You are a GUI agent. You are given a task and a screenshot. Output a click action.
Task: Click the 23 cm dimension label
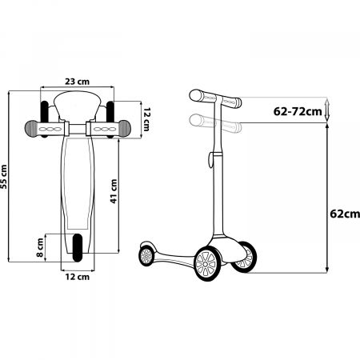pos(77,81)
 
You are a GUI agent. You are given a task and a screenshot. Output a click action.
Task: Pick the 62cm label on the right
pos(343,214)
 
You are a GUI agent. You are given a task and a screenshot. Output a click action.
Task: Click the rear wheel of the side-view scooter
pos(146,255)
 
